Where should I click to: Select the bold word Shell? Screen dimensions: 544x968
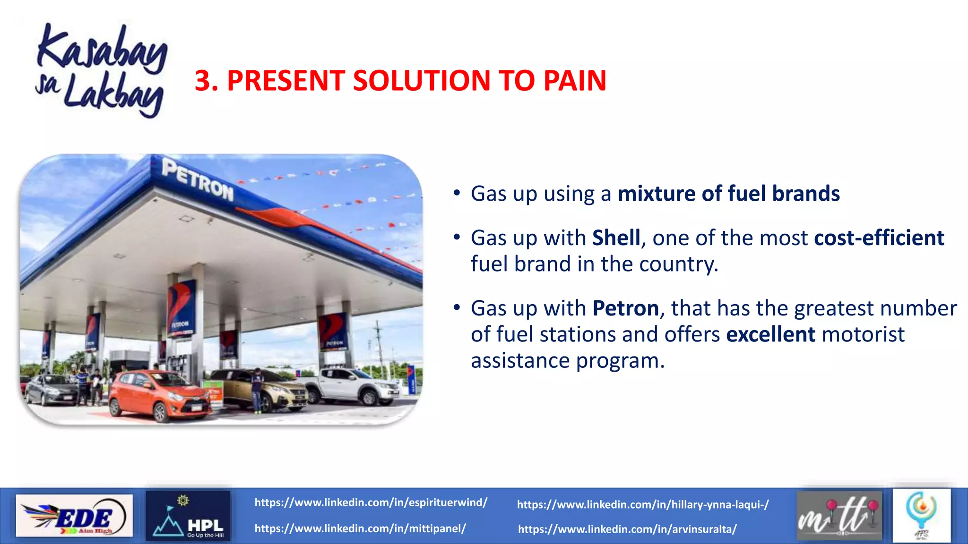(x=616, y=238)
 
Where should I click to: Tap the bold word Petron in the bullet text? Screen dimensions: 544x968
(x=625, y=308)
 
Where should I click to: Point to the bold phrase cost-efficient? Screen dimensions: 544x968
(x=879, y=238)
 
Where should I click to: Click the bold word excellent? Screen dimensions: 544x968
(x=770, y=334)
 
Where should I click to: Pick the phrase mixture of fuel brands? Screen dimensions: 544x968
(x=728, y=194)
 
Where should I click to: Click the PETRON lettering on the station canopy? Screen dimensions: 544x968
(x=198, y=180)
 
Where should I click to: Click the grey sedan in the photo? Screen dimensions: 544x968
(x=51, y=390)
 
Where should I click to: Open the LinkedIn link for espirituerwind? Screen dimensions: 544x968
(x=371, y=502)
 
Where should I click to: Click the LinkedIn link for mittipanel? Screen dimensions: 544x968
(x=360, y=528)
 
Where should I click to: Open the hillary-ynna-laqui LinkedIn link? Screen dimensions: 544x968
(x=642, y=504)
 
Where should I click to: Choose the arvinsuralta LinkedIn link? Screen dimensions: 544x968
(x=627, y=529)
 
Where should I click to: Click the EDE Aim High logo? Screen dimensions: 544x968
(x=74, y=516)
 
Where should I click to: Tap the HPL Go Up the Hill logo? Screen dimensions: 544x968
(x=188, y=516)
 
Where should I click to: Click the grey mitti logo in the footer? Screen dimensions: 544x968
(x=839, y=516)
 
